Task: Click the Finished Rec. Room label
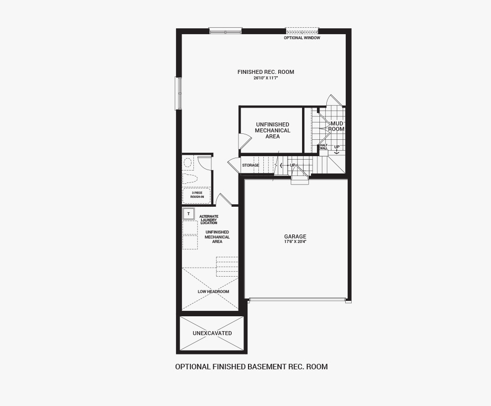point(265,72)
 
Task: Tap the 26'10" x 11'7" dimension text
point(266,78)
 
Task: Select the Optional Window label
point(302,38)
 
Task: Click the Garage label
point(295,236)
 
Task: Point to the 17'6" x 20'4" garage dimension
point(295,241)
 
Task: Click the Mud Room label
point(336,126)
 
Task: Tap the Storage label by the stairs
point(250,165)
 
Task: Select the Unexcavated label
point(212,333)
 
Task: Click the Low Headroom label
point(213,291)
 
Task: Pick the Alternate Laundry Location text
point(209,220)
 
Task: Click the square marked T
point(188,214)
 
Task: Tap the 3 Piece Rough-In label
point(197,195)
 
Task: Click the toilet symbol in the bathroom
point(190,179)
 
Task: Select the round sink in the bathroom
point(187,163)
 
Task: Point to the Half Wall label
point(323,147)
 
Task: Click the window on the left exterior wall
point(179,94)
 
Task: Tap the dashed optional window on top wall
point(302,31)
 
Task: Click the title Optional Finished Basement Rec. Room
point(251,366)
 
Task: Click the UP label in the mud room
point(337,147)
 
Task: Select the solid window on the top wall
point(226,31)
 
